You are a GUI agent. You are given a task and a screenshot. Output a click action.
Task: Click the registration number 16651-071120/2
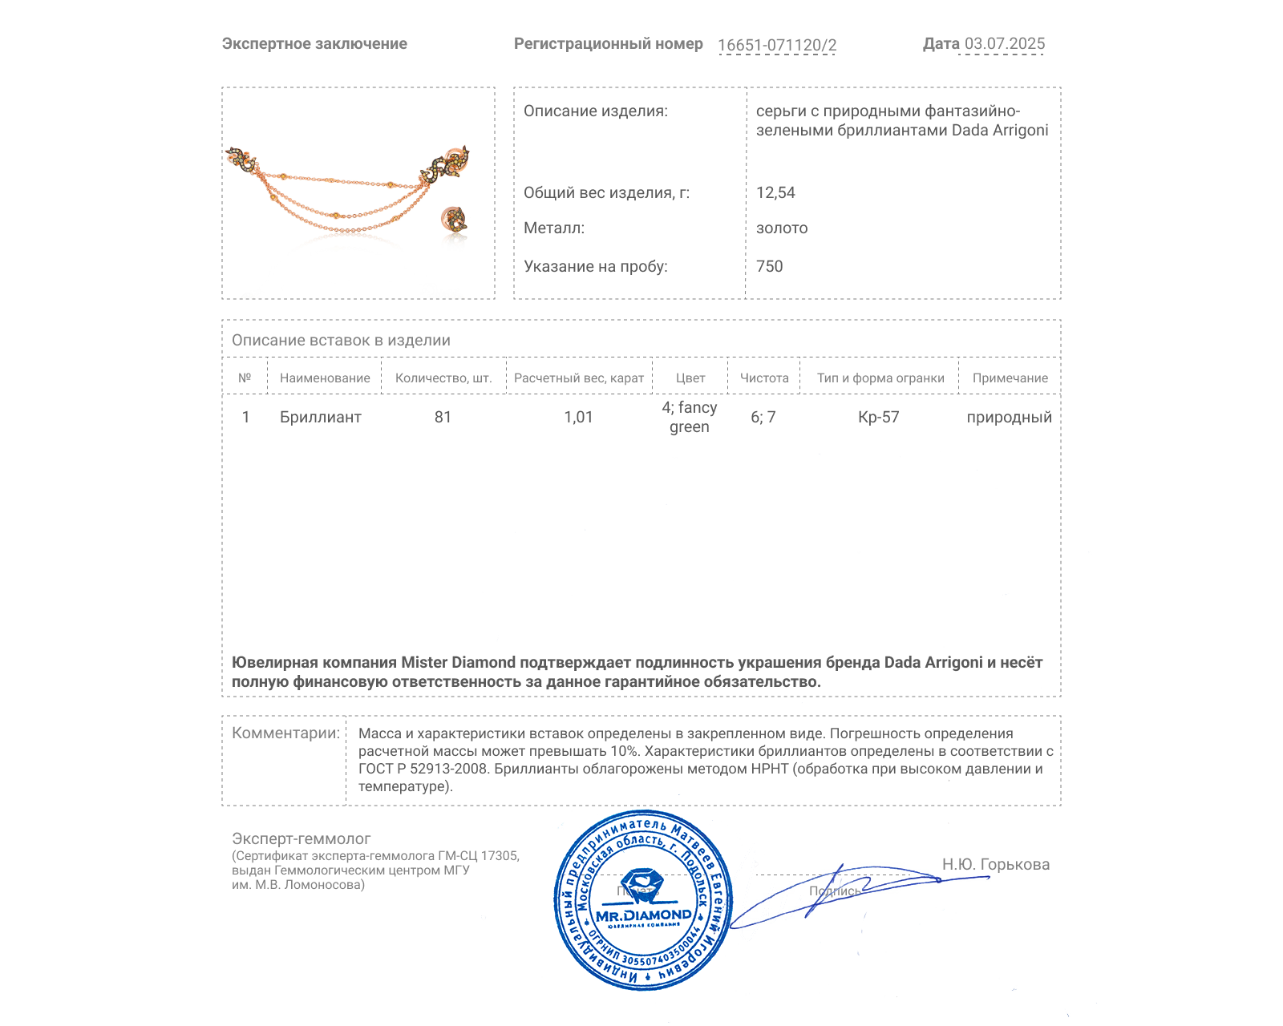tap(776, 45)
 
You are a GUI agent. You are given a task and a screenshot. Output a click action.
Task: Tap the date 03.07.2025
tap(1004, 44)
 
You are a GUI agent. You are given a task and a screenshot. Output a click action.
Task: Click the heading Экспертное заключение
tap(314, 44)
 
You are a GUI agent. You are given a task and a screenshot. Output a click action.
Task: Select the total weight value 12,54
tap(775, 192)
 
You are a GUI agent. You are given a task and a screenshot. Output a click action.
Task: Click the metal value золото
tap(782, 228)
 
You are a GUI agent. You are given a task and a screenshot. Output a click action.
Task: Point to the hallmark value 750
tap(769, 266)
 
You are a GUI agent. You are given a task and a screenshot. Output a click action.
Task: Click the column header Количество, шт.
tap(443, 378)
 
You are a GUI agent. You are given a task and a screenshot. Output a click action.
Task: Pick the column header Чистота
tap(763, 378)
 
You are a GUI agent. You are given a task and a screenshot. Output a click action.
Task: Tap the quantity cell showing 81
tap(443, 417)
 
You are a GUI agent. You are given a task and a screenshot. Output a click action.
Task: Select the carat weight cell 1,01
tap(578, 417)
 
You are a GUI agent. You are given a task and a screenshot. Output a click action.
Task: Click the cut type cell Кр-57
tap(878, 417)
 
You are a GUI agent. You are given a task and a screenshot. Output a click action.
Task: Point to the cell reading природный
tap(1009, 417)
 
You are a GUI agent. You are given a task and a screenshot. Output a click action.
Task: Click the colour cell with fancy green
tap(690, 417)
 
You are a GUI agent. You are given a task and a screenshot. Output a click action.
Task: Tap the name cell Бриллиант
tap(321, 417)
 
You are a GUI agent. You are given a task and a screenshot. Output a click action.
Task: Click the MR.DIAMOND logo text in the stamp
tap(643, 915)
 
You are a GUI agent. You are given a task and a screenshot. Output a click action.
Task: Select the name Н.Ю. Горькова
tap(995, 864)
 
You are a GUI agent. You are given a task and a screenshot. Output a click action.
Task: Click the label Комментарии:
tap(285, 733)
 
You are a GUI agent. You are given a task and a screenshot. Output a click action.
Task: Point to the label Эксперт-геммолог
tap(301, 838)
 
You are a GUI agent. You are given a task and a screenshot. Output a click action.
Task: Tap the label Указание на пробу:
tap(595, 266)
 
